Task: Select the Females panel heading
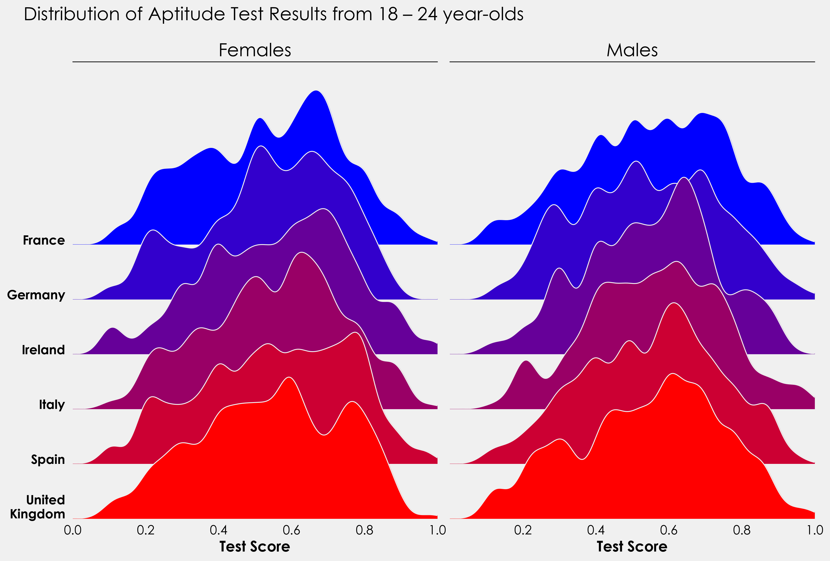(x=255, y=50)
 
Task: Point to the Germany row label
(x=36, y=295)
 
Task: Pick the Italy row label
(x=52, y=405)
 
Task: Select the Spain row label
(x=48, y=459)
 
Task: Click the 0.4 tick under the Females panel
(x=219, y=530)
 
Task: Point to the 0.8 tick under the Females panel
(x=364, y=530)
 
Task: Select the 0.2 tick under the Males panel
(x=523, y=530)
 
